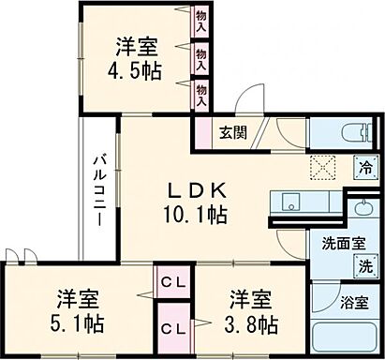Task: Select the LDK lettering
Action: (198, 188)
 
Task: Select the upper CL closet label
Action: (171, 280)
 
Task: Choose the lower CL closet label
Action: (171, 328)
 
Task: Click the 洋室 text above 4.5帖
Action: (136, 47)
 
